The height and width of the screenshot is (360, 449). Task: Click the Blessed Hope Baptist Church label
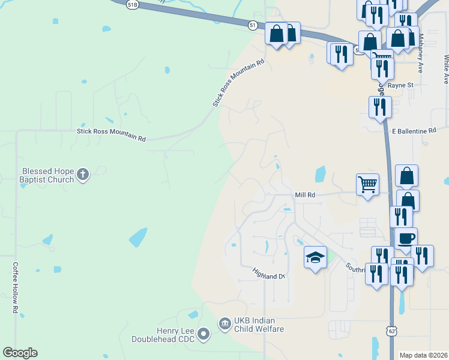47,175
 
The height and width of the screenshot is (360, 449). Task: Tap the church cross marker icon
83,175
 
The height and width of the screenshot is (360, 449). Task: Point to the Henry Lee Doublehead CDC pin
203,334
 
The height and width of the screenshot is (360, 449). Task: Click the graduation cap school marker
315,257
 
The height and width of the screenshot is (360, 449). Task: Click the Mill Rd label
305,195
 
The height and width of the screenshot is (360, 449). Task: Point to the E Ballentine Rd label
414,131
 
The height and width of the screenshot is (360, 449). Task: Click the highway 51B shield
133,4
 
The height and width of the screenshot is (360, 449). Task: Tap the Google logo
20,353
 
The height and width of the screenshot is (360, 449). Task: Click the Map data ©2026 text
423,355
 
